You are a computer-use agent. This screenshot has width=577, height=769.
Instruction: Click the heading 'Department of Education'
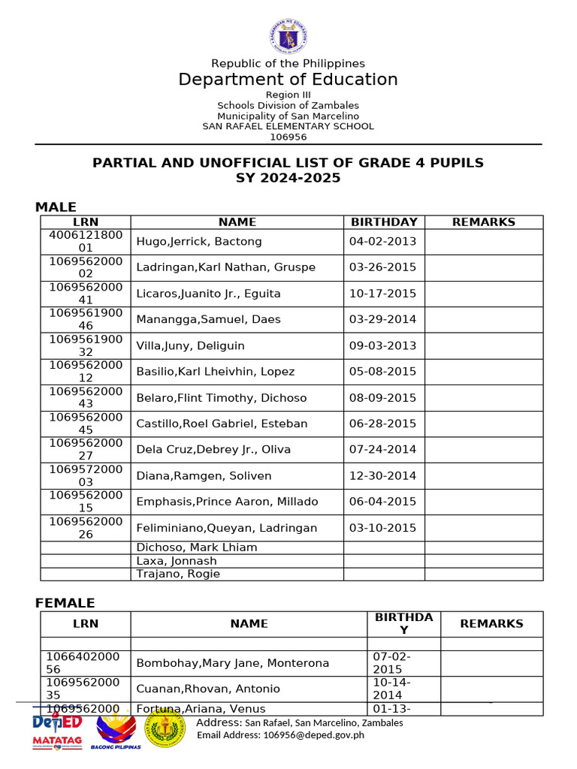pyautogui.click(x=288, y=80)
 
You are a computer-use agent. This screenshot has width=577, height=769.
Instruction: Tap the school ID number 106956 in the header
pyautogui.click(x=288, y=137)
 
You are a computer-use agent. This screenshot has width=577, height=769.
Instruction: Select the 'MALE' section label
pyautogui.click(x=56, y=207)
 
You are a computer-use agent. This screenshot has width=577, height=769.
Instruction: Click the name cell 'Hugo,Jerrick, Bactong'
pyautogui.click(x=199, y=241)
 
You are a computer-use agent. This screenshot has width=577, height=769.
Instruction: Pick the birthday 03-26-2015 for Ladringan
pyautogui.click(x=382, y=267)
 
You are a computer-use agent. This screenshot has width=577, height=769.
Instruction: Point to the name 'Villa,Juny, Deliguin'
pyautogui.click(x=190, y=345)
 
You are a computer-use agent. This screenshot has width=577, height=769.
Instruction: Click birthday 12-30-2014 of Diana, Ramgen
pyautogui.click(x=382, y=475)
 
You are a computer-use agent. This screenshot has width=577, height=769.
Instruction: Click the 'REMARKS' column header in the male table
pyautogui.click(x=483, y=222)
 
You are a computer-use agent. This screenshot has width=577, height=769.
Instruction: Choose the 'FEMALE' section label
pyautogui.click(x=65, y=603)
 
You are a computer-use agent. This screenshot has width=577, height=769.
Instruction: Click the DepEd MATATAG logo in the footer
pyautogui.click(x=57, y=731)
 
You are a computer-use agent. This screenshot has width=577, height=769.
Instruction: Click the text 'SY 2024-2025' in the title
pyautogui.click(x=288, y=178)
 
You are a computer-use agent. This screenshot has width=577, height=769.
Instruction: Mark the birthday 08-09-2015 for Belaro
pyautogui.click(x=382, y=397)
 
